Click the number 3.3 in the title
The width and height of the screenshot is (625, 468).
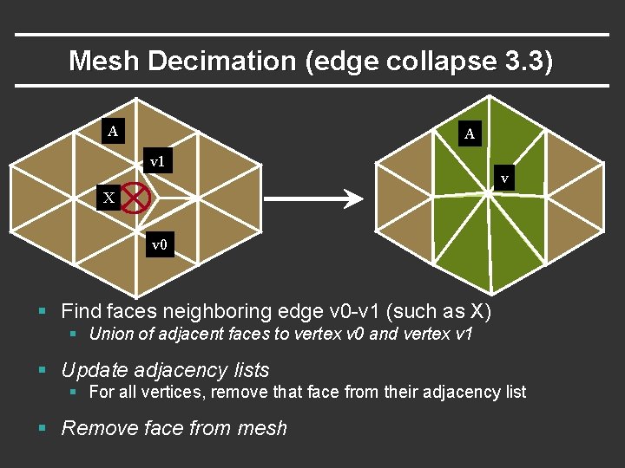point(524,61)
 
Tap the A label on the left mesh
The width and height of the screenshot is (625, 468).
point(112,132)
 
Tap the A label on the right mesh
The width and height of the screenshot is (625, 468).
point(470,133)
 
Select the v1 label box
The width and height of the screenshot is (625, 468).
point(158,161)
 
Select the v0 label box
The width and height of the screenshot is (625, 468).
point(159,245)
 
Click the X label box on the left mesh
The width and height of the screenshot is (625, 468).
point(109,198)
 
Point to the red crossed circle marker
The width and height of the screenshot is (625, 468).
point(136,198)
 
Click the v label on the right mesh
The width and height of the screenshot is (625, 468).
point(504,179)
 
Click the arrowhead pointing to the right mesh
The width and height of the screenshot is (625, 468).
point(353,199)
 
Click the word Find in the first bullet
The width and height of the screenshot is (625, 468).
point(82,311)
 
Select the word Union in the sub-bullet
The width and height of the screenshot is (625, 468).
point(109,334)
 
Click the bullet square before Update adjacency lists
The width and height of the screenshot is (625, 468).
point(43,371)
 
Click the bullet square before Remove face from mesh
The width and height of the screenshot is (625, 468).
point(43,428)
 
